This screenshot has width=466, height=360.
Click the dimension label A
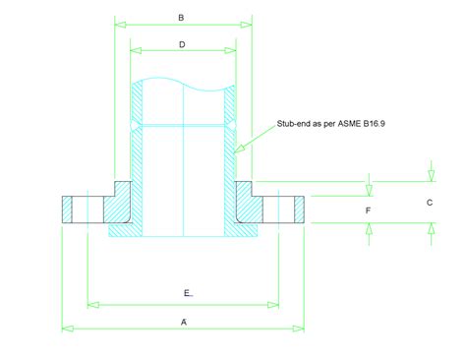[x=183, y=320]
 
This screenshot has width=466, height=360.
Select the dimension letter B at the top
[x=181, y=18]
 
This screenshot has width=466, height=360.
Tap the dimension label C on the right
[x=429, y=203]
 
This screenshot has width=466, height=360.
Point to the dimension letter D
[x=183, y=44]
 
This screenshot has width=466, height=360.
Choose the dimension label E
[x=187, y=294]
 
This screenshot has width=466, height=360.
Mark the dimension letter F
[x=368, y=210]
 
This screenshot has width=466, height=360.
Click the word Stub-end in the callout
[x=296, y=125]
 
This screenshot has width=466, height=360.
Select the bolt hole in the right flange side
[x=283, y=210]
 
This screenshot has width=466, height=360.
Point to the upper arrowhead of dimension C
[x=430, y=177]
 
